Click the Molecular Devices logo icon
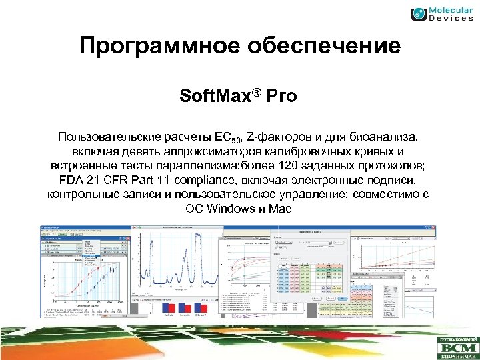click(419, 13)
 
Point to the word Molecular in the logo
click(449, 9)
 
